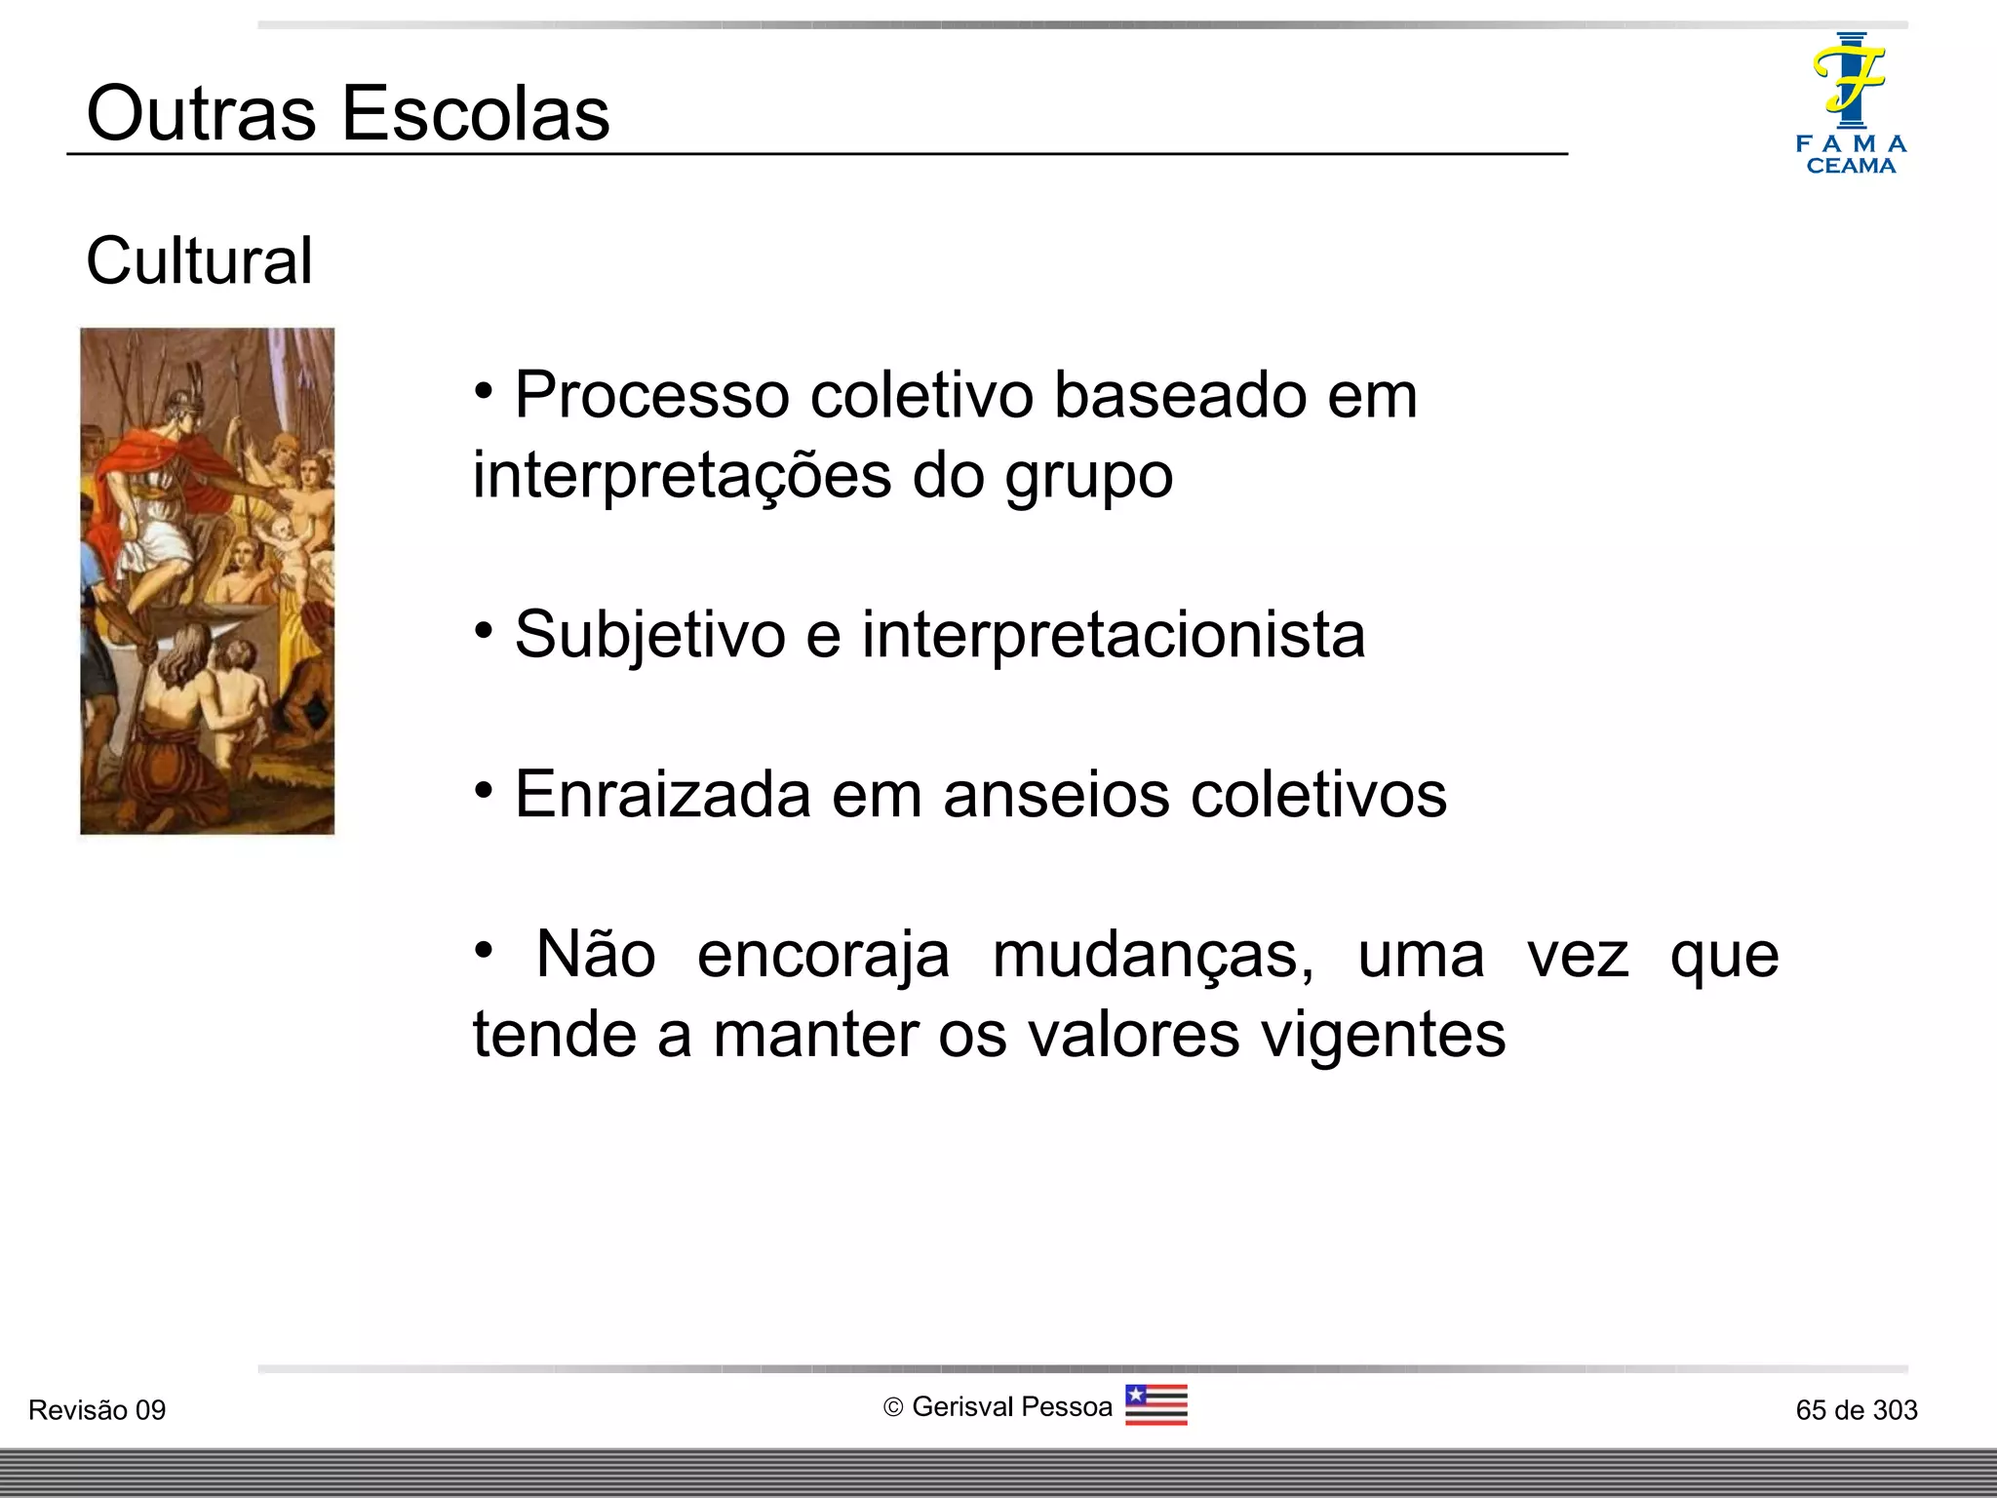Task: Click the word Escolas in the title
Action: [x=476, y=113]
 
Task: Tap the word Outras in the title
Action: [x=201, y=113]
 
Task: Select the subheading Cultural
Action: [x=199, y=261]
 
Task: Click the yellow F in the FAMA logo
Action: [x=1849, y=78]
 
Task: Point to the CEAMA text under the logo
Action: [x=1851, y=166]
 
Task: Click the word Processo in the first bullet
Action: [x=651, y=396]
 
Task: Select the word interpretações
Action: [x=682, y=476]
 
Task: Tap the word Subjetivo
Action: [x=649, y=636]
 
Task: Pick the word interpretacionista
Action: [x=1113, y=635]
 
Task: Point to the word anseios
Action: [x=1055, y=794]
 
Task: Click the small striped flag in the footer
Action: [x=1155, y=1404]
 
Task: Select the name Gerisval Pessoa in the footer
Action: [x=1011, y=1406]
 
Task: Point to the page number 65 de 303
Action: [x=1856, y=1410]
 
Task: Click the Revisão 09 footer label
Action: [x=97, y=1410]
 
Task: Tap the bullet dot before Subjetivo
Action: [x=484, y=631]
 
